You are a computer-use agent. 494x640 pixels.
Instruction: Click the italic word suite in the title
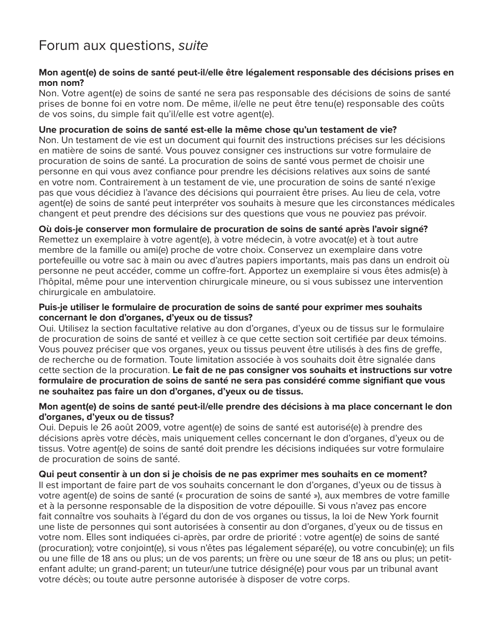point(193,46)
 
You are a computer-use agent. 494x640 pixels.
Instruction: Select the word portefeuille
point(62,261)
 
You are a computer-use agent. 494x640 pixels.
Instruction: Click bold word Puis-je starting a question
point(53,308)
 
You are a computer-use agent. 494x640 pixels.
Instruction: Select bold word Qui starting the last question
point(46,474)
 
